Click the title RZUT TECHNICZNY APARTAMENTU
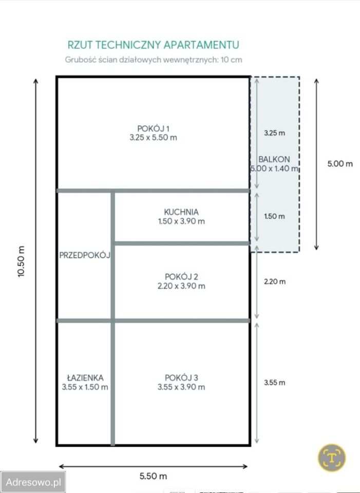tap(154, 45)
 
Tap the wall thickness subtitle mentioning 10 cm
tap(154, 60)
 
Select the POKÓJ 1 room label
tap(154, 128)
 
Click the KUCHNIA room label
tap(181, 212)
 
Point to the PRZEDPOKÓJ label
tap(85, 255)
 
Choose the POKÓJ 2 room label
tap(181, 277)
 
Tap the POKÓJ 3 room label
tap(181, 377)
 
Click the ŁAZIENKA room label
tap(85, 377)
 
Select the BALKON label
tap(274, 159)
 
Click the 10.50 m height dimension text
tap(21, 261)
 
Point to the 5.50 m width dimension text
tap(153, 476)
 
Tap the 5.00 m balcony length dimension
tap(340, 164)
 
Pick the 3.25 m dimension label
tap(274, 133)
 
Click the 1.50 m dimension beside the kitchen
tap(274, 216)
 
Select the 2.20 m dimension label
tap(275, 281)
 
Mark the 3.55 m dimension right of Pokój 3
tap(275, 383)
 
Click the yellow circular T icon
tap(332, 458)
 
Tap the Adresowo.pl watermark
tap(33, 482)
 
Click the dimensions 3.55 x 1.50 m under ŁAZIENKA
tap(85, 387)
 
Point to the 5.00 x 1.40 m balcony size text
tap(274, 168)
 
